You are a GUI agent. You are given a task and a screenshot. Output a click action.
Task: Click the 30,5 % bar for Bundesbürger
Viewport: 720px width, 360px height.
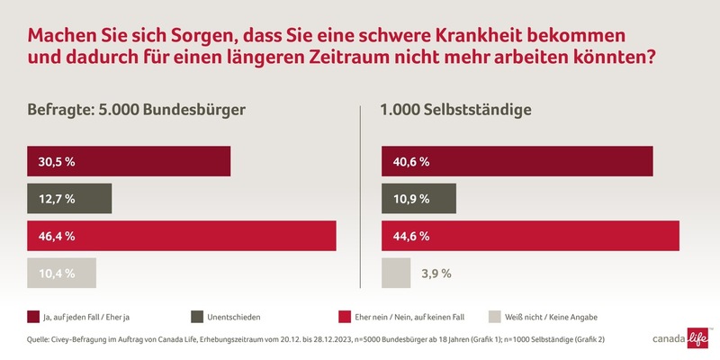[129, 161]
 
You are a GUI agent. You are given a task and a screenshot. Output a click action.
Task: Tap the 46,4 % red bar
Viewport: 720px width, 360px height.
[181, 236]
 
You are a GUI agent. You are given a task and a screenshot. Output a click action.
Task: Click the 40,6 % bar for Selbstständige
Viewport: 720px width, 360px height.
[517, 161]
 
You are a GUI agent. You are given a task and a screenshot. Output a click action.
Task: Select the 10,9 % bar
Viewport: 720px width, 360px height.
[418, 198]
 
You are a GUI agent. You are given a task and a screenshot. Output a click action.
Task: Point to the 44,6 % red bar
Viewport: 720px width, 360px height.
[530, 236]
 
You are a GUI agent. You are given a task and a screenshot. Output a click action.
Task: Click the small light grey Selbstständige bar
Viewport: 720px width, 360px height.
[395, 273]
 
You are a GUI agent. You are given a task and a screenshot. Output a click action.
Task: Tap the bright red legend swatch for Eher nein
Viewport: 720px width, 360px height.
[345, 317]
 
